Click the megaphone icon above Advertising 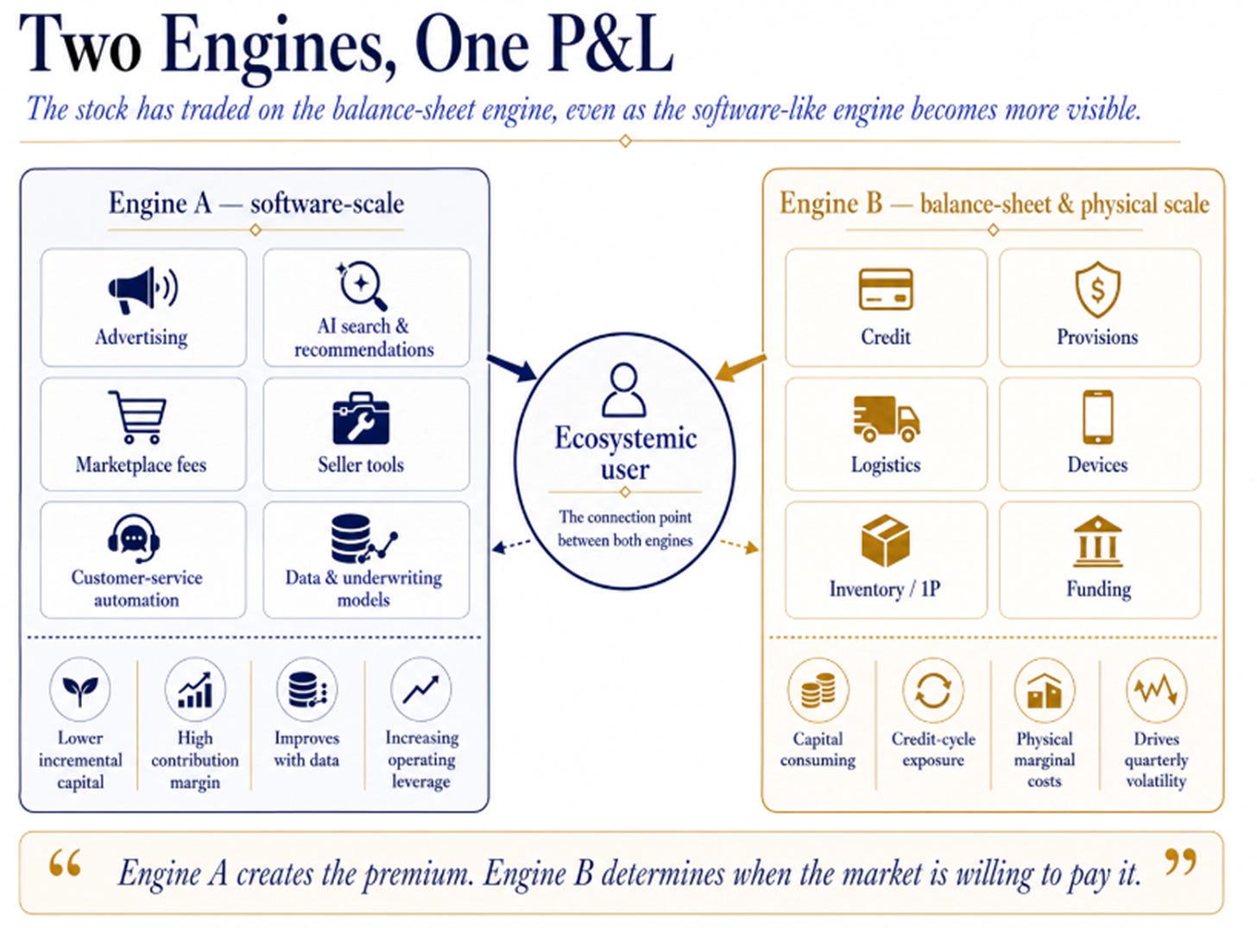pos(142,290)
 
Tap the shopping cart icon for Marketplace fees pos(138,417)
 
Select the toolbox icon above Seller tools pos(361,418)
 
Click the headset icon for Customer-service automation pos(134,538)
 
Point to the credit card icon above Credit pos(886,289)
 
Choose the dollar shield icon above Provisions pos(1098,289)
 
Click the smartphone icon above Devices pos(1098,417)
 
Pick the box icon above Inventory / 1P pos(885,540)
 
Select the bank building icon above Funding pos(1098,540)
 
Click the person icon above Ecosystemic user pos(623,390)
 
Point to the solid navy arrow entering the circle pos(512,368)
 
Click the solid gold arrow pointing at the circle pos(741,368)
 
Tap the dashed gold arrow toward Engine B pos(739,546)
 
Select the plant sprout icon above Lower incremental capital pos(80,689)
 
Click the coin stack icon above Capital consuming pos(818,690)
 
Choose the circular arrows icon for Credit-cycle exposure pos(933,690)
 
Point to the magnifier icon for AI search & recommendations pos(363,286)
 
